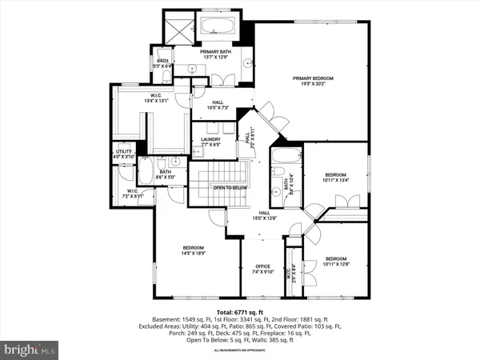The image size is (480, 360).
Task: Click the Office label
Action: pos(263,266)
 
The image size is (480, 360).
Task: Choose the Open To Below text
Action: pos(230,188)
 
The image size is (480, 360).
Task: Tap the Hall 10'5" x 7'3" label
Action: pos(217,103)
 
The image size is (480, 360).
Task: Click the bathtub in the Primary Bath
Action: pos(215,26)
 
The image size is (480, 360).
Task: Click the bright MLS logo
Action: pos(30,349)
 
